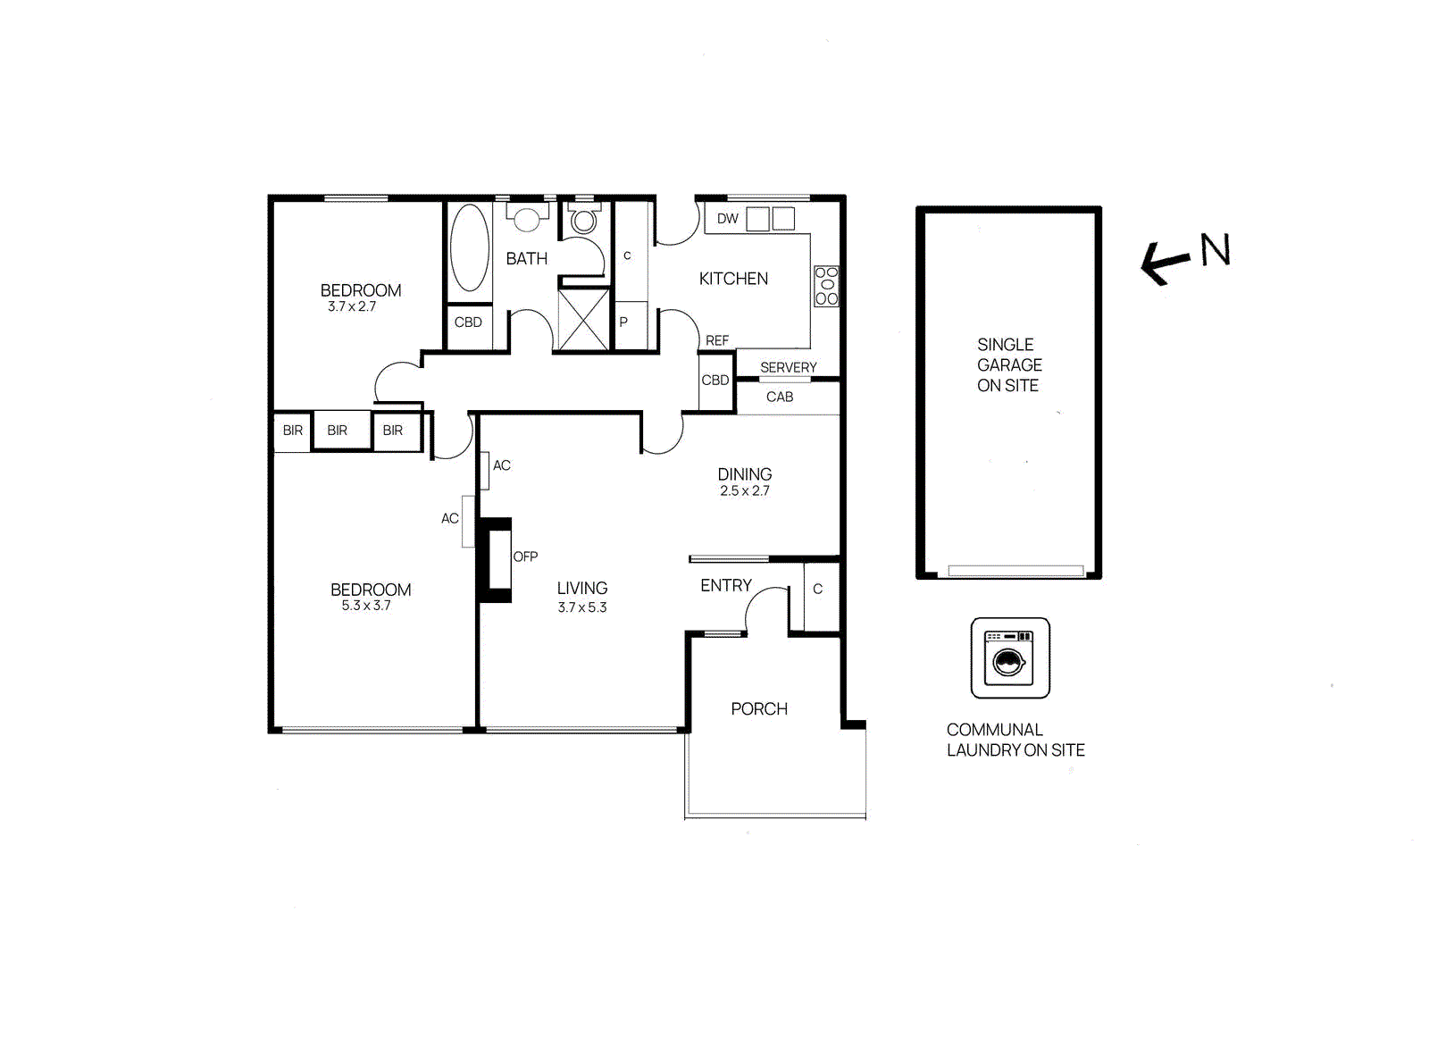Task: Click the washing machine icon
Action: tap(1010, 658)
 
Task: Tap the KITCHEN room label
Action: tap(733, 279)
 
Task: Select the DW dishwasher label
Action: tap(728, 219)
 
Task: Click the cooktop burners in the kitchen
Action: tap(826, 286)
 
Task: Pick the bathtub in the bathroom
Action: tap(469, 247)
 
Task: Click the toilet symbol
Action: tap(584, 219)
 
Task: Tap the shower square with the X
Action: tap(583, 319)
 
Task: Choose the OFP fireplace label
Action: tap(525, 557)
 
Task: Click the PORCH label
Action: tap(759, 709)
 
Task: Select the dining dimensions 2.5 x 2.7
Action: tap(745, 490)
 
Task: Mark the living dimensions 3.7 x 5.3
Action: tap(582, 607)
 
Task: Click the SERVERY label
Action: tap(788, 367)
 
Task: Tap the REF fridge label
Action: tap(717, 340)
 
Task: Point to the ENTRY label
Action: tap(725, 586)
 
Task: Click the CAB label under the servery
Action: tap(780, 397)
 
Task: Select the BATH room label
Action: tap(527, 259)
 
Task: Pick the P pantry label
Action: tap(623, 322)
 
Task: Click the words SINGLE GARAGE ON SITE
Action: tap(1009, 365)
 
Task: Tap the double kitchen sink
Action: tap(771, 219)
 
